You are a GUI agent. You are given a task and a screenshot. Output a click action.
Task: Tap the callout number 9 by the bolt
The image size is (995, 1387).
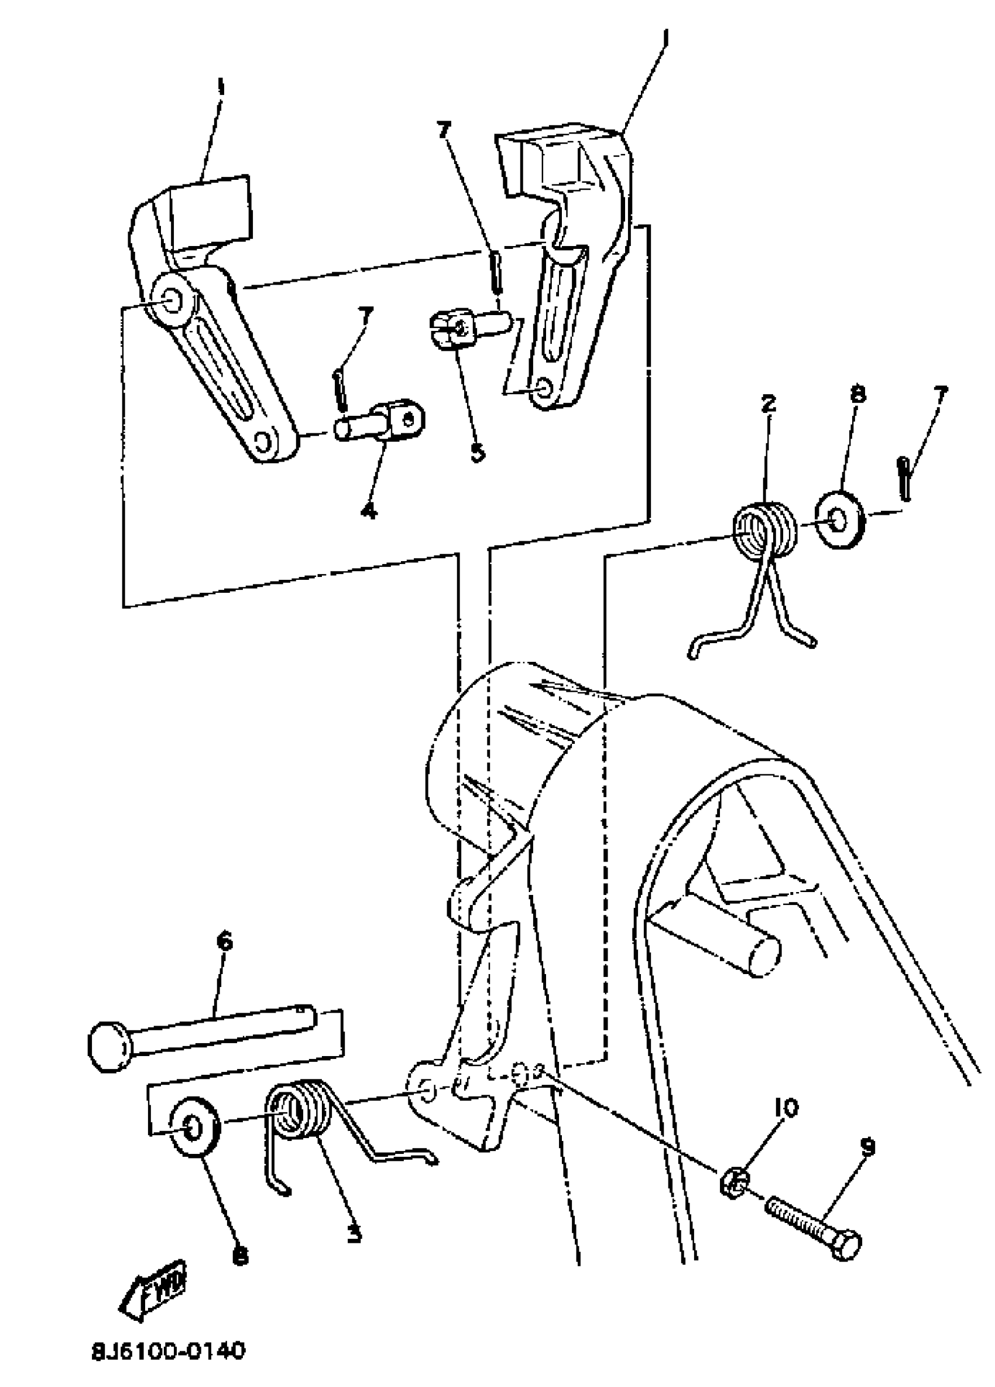pyautogui.click(x=868, y=1147)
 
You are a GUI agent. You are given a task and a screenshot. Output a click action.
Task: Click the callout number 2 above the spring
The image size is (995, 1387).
pyautogui.click(x=768, y=404)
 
